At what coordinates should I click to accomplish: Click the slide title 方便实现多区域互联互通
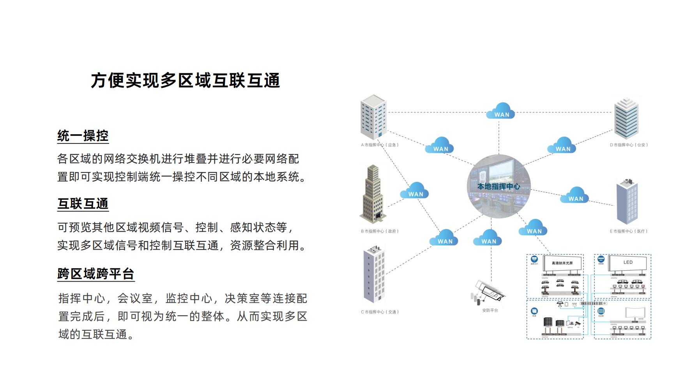[x=186, y=81]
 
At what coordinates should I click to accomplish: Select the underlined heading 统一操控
[x=83, y=136]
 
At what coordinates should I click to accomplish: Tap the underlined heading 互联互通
[x=83, y=204]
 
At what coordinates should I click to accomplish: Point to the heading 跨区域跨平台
[x=96, y=274]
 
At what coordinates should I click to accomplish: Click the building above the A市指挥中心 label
[x=373, y=117]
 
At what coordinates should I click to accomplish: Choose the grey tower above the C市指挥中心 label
[x=374, y=275]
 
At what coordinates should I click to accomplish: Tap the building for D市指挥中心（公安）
[x=627, y=118]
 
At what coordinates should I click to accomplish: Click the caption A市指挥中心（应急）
[x=380, y=145]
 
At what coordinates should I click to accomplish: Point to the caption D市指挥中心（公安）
[x=629, y=145]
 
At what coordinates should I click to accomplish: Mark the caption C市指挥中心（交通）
[x=380, y=312]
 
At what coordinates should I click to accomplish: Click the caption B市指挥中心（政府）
[x=380, y=231]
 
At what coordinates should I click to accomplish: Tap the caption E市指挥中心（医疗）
[x=628, y=231]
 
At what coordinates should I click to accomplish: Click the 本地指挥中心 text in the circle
[x=499, y=186]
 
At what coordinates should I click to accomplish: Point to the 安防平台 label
[x=490, y=310]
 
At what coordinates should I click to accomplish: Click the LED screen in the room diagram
[x=628, y=262]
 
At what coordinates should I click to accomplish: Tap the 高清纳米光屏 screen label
[x=562, y=263]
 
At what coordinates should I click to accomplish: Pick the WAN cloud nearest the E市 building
[x=575, y=195]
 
